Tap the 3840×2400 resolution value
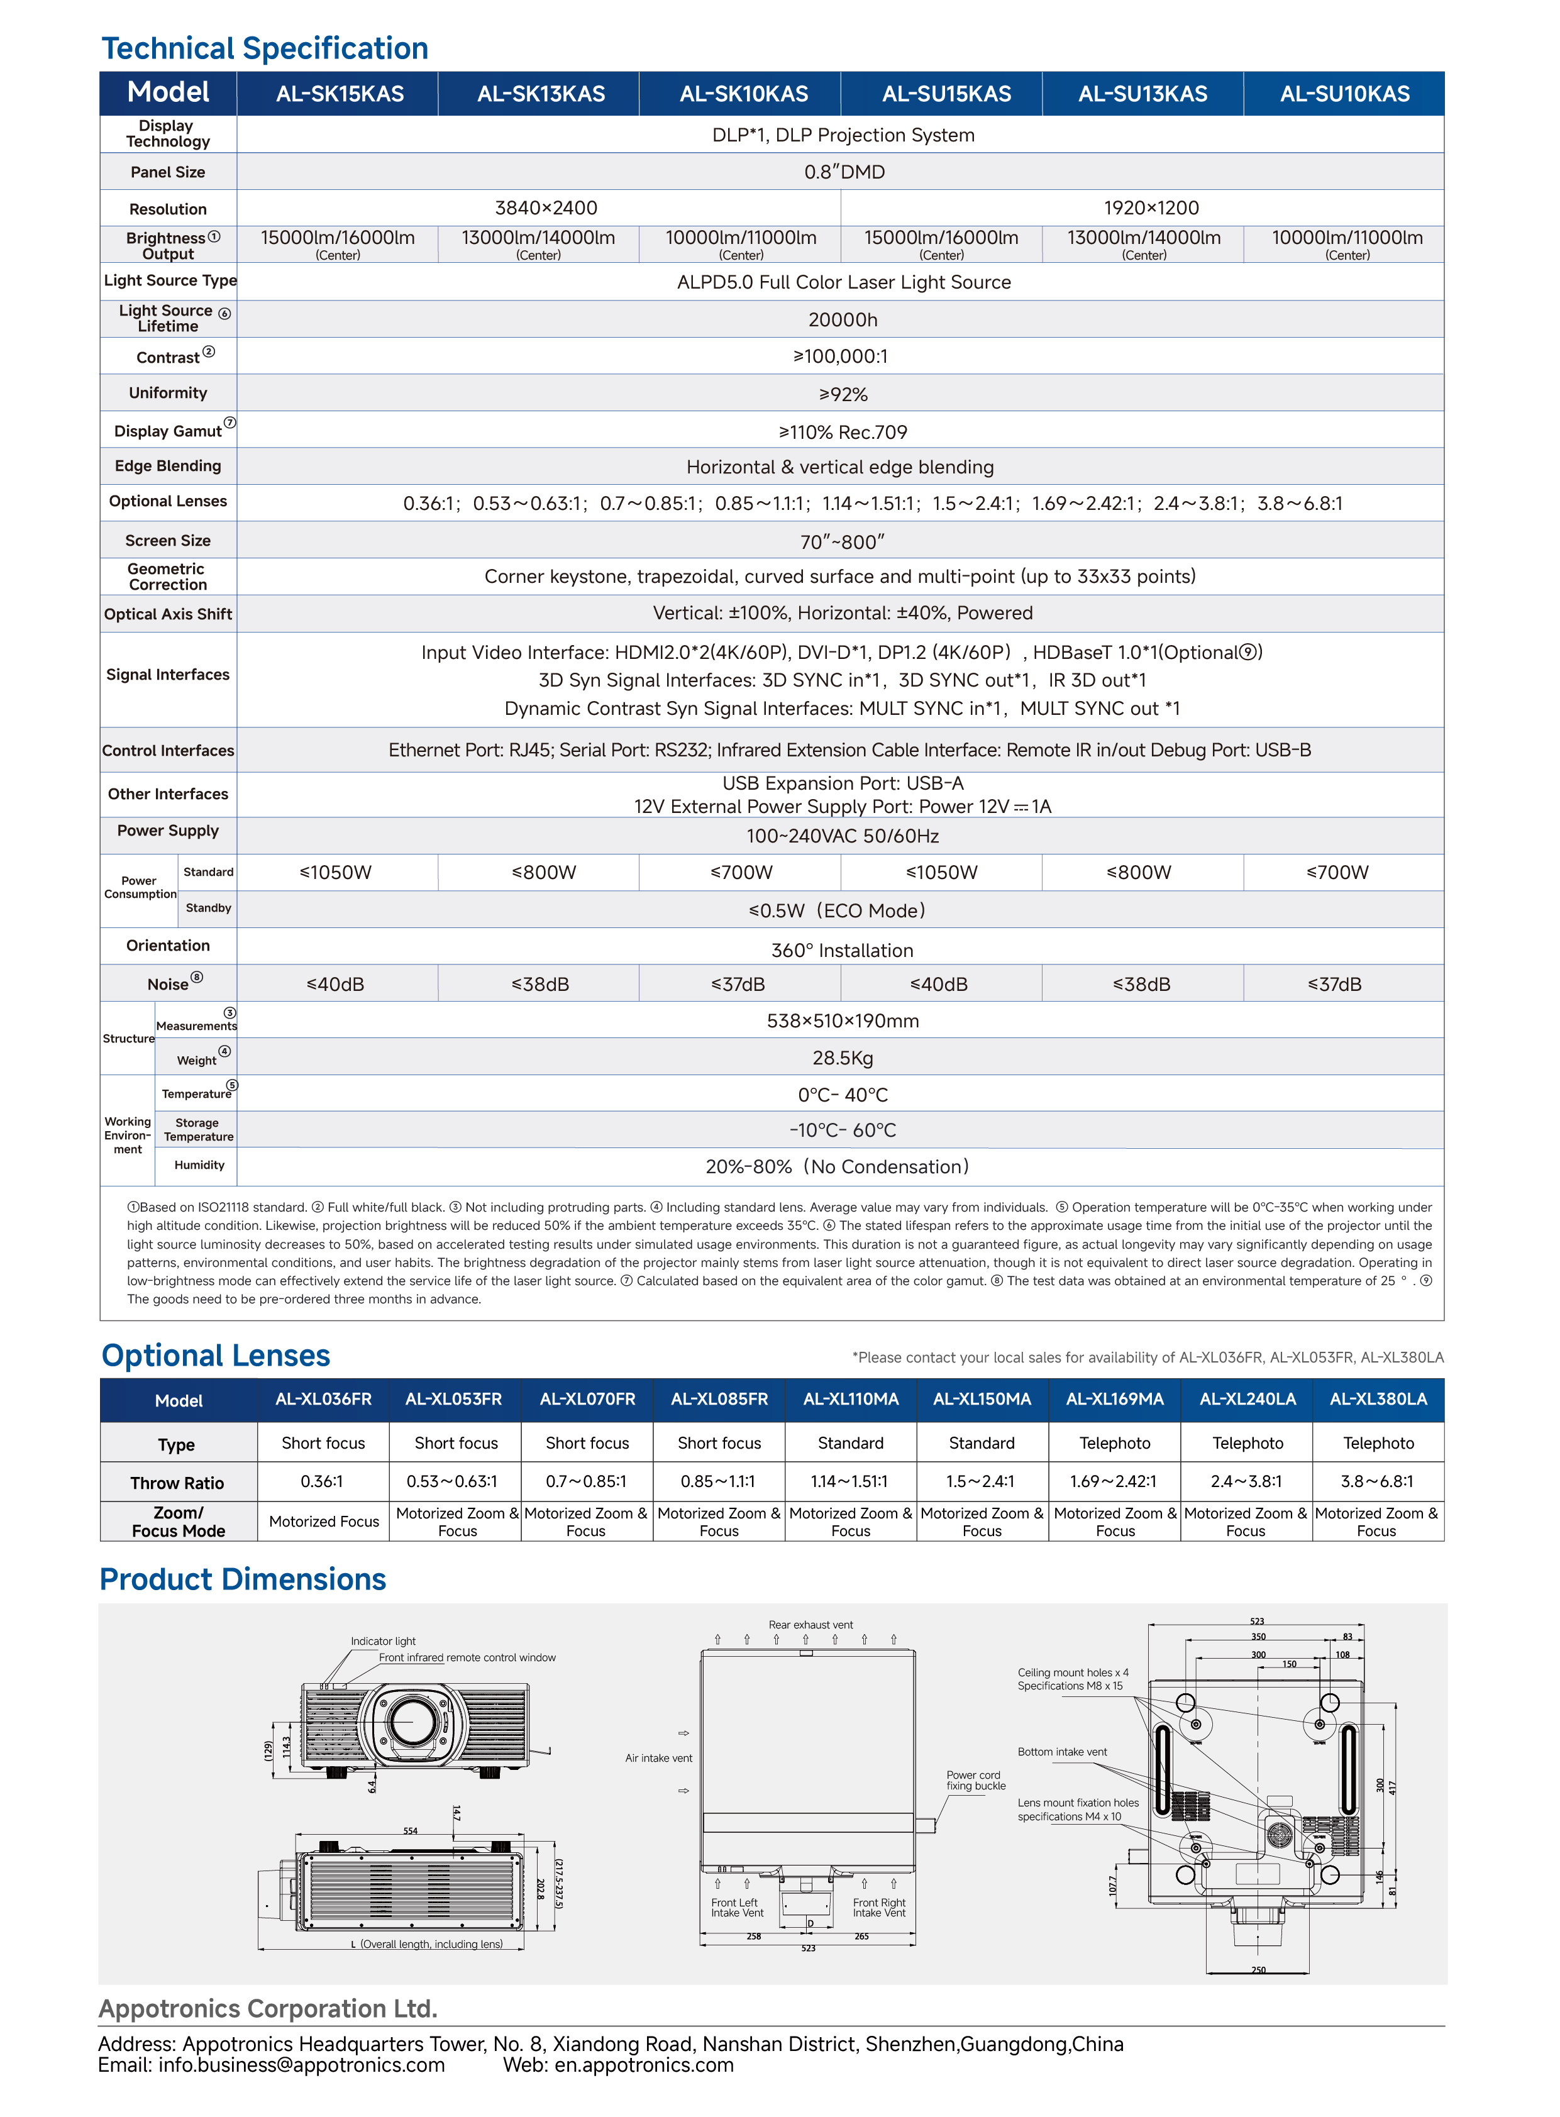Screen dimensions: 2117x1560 tap(546, 207)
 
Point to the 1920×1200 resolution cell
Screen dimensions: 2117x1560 tap(1150, 207)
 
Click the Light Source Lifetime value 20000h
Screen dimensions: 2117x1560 tap(843, 320)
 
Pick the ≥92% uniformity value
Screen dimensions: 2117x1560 tap(843, 395)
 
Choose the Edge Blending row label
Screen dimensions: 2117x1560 tap(168, 467)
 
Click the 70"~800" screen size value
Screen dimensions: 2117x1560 tap(843, 542)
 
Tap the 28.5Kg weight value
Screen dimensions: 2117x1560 tap(843, 1059)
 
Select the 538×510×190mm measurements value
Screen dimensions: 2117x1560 tap(843, 1020)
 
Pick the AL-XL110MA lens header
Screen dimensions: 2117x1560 tap(851, 1400)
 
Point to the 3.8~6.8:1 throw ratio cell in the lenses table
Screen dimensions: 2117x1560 tap(1378, 1481)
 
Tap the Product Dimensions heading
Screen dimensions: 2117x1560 tap(243, 1579)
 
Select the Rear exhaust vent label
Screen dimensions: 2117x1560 tap(810, 1625)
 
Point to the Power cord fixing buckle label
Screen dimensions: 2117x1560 tap(975, 1780)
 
